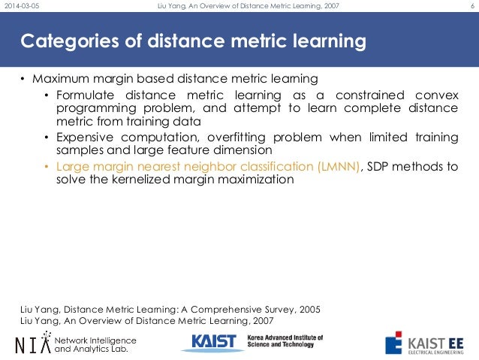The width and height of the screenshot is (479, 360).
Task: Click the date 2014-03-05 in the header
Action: tap(23, 7)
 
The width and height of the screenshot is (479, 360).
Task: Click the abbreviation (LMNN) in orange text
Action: tap(337, 166)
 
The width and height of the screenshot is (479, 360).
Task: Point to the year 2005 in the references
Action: tap(307, 308)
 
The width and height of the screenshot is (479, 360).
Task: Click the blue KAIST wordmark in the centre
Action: tap(213, 342)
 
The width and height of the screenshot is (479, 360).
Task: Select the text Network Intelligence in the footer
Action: tap(95, 338)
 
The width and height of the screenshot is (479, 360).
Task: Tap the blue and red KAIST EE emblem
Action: tap(393, 343)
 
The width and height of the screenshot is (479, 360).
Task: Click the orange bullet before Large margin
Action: tap(47, 166)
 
